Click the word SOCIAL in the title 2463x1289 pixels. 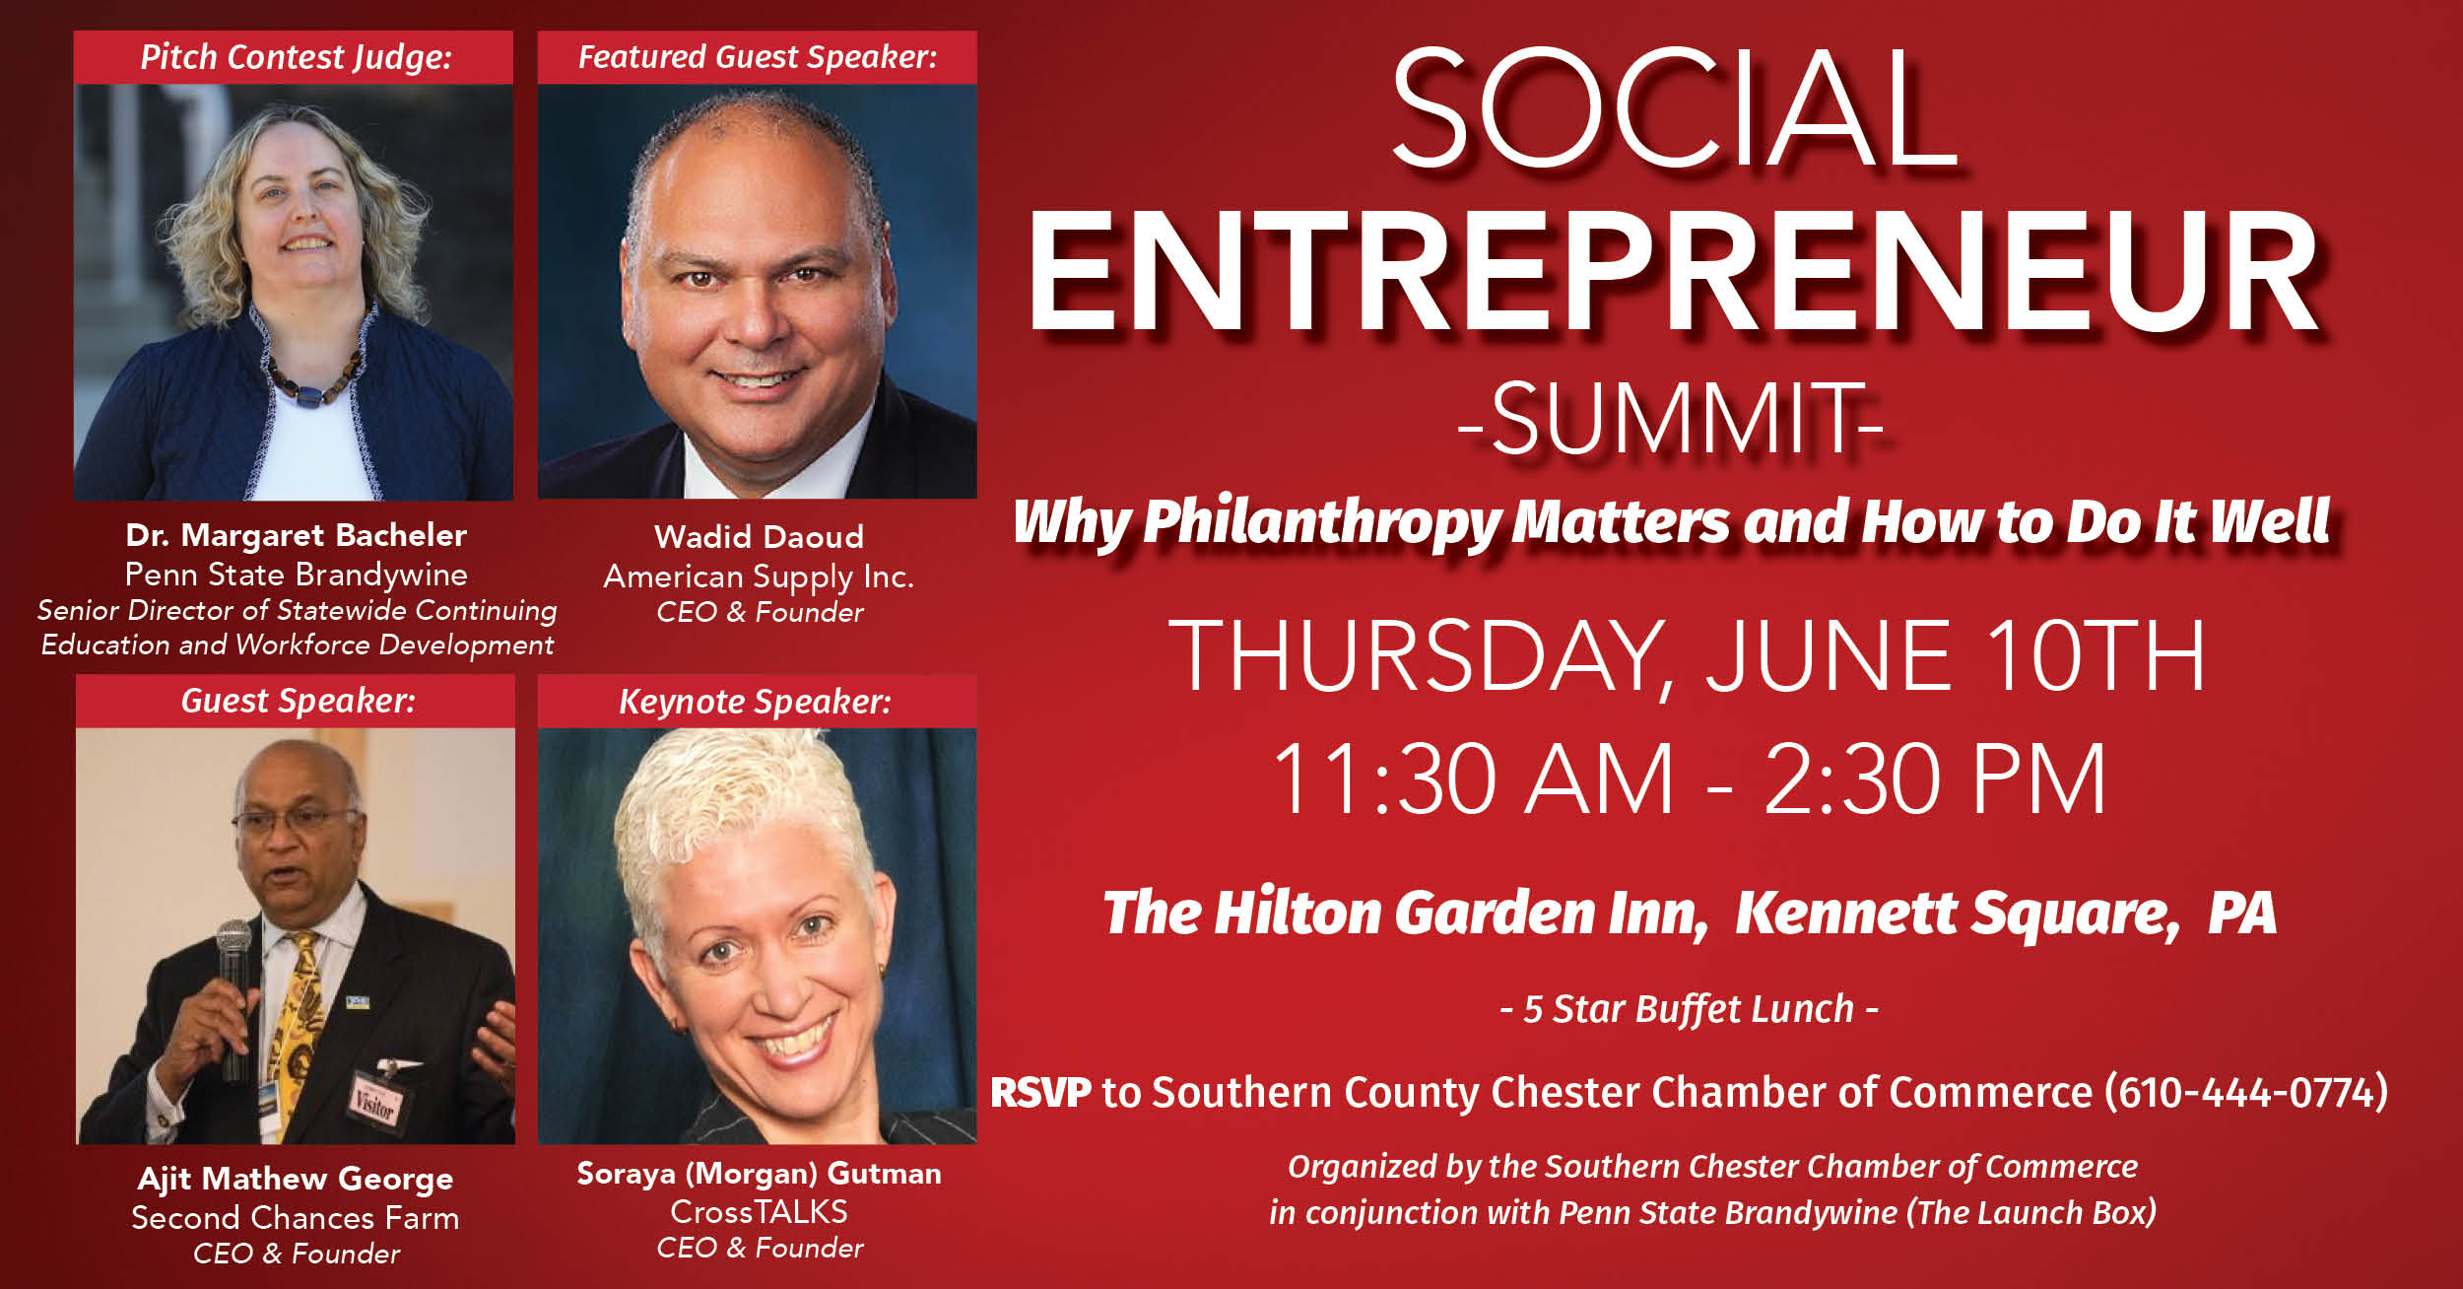pyautogui.click(x=1674, y=108)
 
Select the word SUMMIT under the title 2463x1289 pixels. pyautogui.click(x=1671, y=419)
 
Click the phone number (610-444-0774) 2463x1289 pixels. pyautogui.click(x=2246, y=1092)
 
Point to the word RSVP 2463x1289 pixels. pyautogui.click(x=1040, y=1093)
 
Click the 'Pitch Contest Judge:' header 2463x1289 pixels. pyautogui.click(x=296, y=57)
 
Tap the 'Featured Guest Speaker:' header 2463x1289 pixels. pyautogui.click(x=757, y=57)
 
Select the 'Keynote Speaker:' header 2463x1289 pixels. pyautogui.click(x=755, y=702)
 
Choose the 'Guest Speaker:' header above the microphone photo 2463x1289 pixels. pyautogui.click(x=298, y=701)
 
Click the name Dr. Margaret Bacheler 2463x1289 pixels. pyautogui.click(x=296, y=535)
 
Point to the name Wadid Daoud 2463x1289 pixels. pyautogui.click(x=759, y=536)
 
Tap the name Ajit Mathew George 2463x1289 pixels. pyautogui.click(x=296, y=1179)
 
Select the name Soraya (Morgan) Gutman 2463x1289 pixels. pyautogui.click(x=759, y=1174)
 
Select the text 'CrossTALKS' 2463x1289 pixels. pyautogui.click(x=759, y=1211)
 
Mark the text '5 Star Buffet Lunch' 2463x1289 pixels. pyautogui.click(x=1689, y=1009)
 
